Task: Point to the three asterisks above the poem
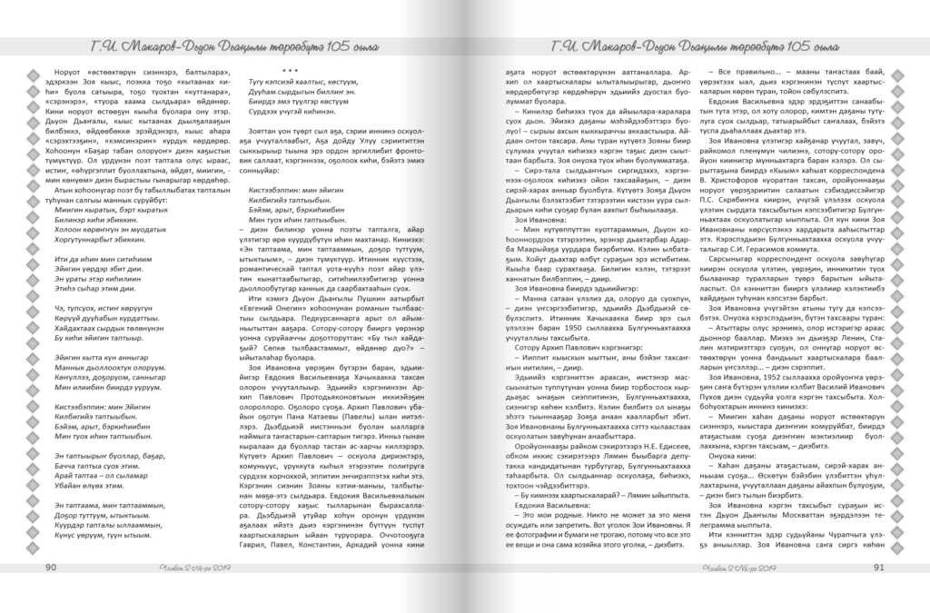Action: [290, 71]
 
